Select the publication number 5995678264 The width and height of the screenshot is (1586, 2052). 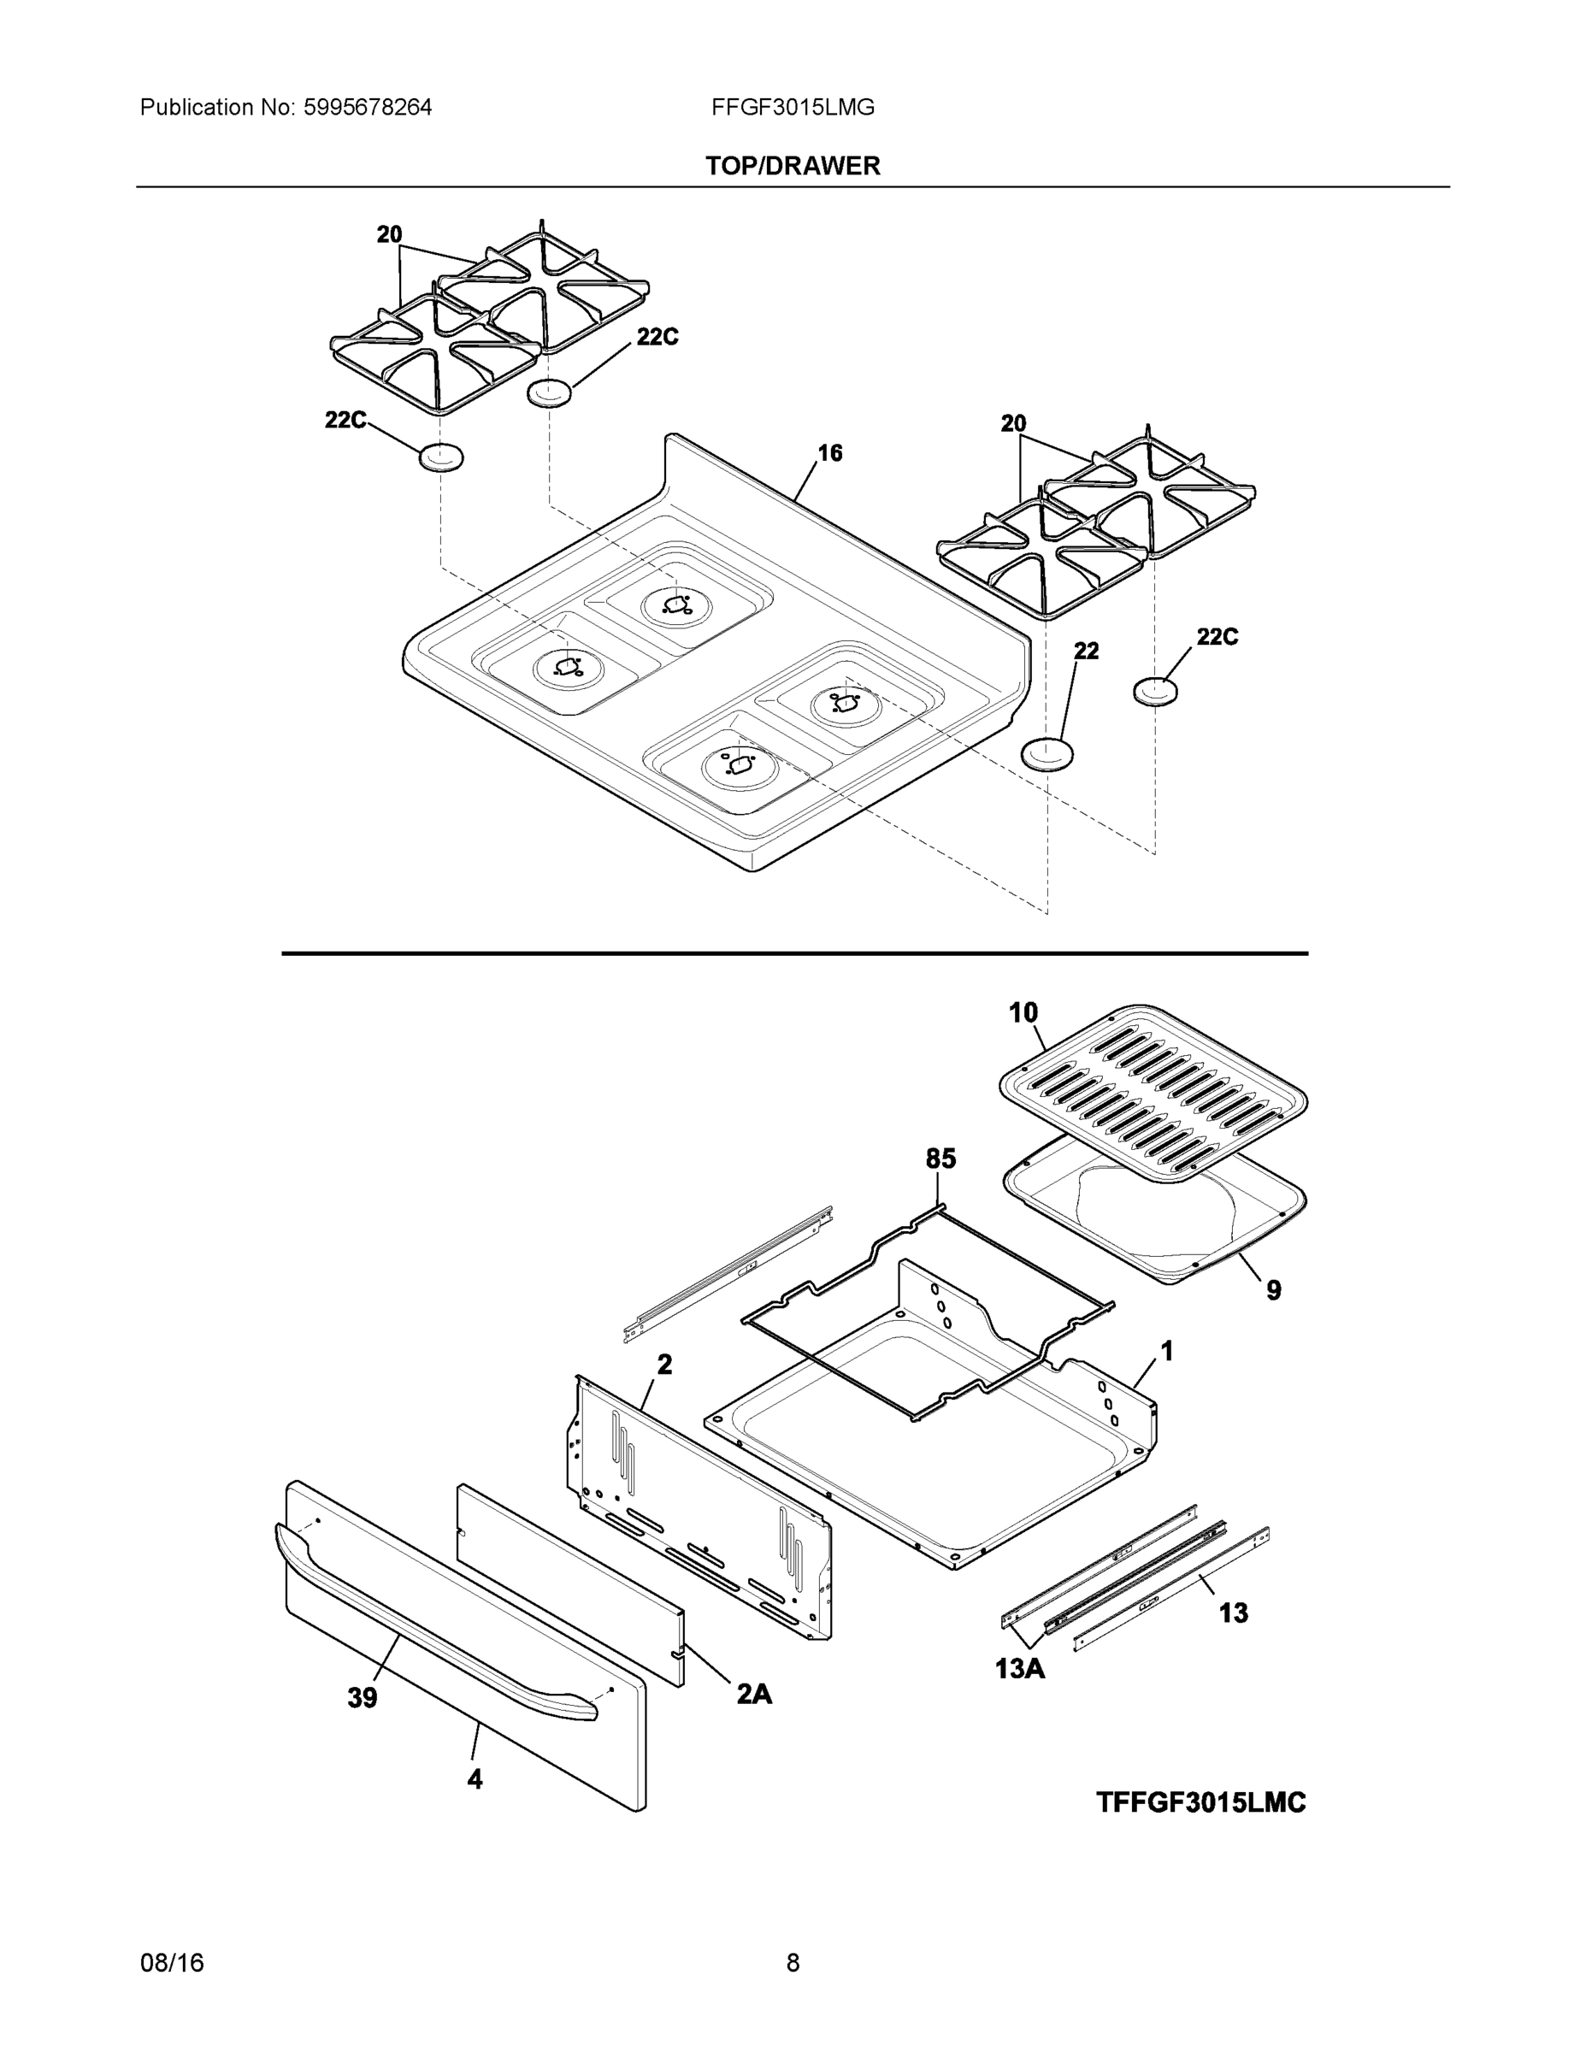[x=368, y=108]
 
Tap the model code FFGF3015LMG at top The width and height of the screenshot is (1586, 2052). [x=792, y=108]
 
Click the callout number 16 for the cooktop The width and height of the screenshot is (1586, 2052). [x=829, y=454]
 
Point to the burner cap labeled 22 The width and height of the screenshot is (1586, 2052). [x=1048, y=754]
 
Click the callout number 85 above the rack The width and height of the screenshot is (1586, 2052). [x=940, y=1159]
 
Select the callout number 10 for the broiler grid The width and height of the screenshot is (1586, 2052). [x=1023, y=1013]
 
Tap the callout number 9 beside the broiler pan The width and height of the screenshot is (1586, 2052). [x=1273, y=1290]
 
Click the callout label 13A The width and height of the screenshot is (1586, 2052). [x=1020, y=1670]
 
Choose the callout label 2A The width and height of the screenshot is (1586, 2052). [x=753, y=1693]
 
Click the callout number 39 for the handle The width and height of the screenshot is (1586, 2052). [x=362, y=1698]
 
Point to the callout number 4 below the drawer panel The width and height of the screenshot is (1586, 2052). [x=475, y=1778]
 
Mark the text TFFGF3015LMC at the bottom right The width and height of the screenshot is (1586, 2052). [x=1200, y=1803]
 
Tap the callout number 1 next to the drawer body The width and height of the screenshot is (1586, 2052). [x=1166, y=1352]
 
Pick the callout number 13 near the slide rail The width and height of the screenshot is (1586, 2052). [x=1233, y=1613]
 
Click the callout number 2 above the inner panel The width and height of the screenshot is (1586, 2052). [x=664, y=1365]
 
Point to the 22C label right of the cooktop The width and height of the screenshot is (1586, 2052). [x=1217, y=637]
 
